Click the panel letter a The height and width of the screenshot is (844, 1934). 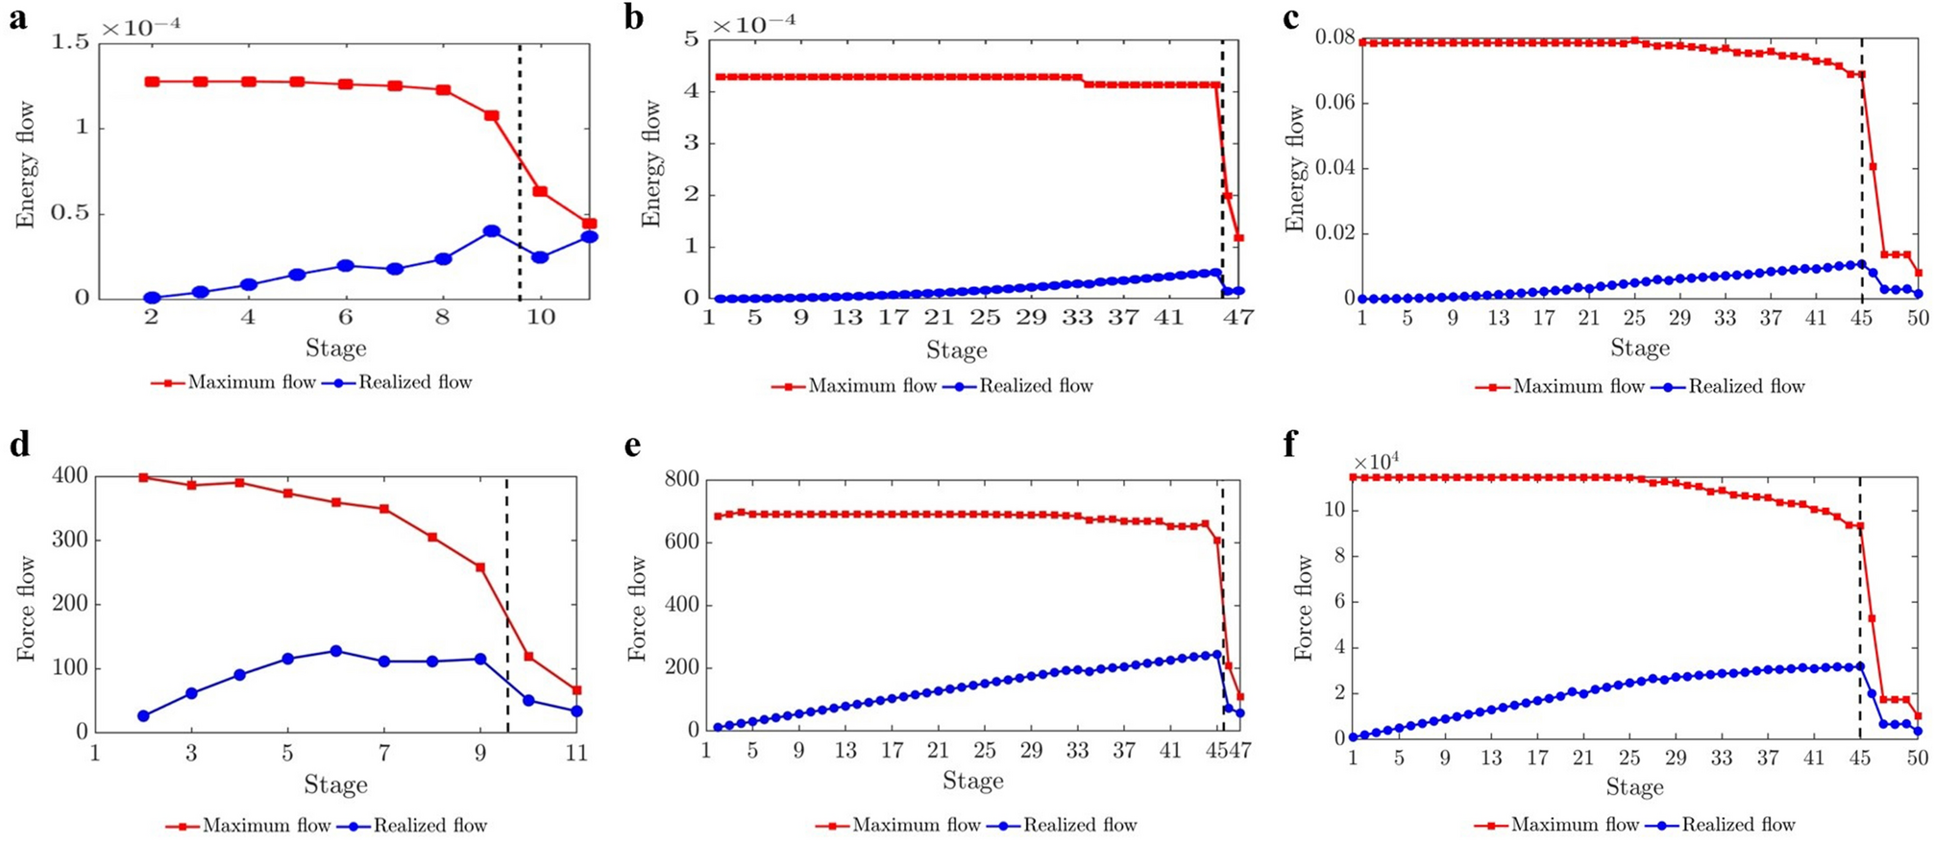pyautogui.click(x=18, y=18)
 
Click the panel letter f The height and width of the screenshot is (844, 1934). pyautogui.click(x=1289, y=445)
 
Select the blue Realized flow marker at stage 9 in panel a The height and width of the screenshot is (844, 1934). pyautogui.click(x=492, y=231)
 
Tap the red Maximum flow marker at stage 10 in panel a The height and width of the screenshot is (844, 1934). pyautogui.click(x=540, y=192)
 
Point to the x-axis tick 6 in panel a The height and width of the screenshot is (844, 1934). pyautogui.click(x=345, y=318)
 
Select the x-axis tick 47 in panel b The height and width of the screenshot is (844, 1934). pyautogui.click(x=1239, y=318)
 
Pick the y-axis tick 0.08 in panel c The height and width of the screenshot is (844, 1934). pyautogui.click(x=1334, y=38)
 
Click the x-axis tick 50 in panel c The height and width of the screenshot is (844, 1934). pyautogui.click(x=1917, y=318)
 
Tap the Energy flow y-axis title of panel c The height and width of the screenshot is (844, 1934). pyautogui.click(x=1295, y=169)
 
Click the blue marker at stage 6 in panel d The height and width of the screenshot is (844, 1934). pyautogui.click(x=336, y=651)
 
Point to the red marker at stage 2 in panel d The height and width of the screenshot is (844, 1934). pyautogui.click(x=144, y=477)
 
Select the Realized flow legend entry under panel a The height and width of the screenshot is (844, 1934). pyautogui.click(x=414, y=382)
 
